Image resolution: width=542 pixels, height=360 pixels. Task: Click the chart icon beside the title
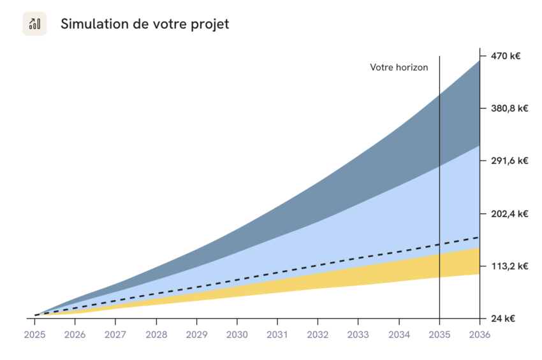(34, 24)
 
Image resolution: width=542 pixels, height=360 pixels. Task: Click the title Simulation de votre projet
(144, 24)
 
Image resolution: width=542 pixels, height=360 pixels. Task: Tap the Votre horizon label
(399, 67)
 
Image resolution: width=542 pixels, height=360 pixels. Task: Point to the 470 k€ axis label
(505, 56)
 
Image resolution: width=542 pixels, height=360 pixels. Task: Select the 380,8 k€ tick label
(509, 108)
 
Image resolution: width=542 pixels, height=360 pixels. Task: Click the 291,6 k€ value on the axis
(509, 161)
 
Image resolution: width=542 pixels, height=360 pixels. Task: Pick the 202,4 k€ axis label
(509, 213)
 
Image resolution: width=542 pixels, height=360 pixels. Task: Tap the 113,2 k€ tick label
(509, 266)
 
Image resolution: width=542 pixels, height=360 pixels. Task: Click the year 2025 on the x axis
(34, 334)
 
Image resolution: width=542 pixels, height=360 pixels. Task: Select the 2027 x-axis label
(115, 334)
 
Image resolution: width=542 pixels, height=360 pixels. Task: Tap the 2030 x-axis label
(237, 334)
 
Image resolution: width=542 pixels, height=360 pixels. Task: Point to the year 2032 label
(318, 334)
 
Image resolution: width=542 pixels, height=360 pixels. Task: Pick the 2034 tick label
(399, 334)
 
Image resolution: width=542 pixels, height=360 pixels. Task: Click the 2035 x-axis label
(439, 334)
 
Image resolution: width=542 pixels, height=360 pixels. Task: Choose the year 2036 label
(480, 334)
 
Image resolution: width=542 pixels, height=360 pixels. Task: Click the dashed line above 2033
(358, 258)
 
